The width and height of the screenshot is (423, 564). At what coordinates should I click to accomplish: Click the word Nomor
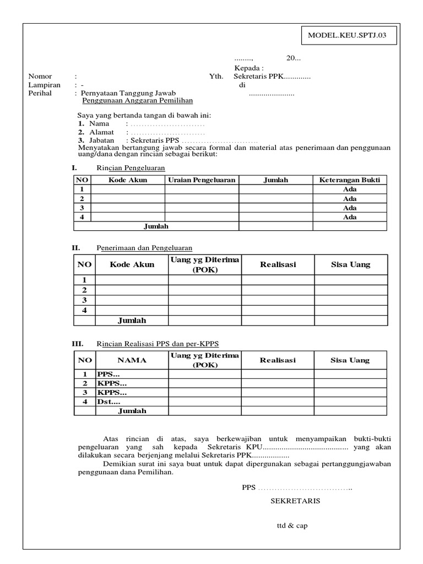point(40,77)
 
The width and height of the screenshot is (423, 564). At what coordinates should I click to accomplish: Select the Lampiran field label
point(44,85)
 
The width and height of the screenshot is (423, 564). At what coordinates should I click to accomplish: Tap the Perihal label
point(40,94)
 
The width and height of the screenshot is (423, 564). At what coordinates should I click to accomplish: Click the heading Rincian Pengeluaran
point(131,167)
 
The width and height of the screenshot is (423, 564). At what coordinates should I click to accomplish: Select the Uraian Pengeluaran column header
point(202,180)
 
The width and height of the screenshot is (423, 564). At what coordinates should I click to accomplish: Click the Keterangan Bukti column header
point(349,180)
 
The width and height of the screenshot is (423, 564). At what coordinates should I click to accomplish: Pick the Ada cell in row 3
point(349,208)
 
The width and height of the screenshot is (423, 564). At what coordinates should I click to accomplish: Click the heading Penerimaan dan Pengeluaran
point(144,248)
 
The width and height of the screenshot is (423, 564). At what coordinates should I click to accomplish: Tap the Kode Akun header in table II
point(132,264)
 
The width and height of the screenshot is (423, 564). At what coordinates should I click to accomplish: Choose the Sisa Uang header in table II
point(350,264)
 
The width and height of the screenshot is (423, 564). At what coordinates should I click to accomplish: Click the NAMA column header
point(132,360)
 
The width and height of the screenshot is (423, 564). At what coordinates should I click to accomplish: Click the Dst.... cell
point(109,402)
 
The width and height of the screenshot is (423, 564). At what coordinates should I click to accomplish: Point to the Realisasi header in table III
point(278,360)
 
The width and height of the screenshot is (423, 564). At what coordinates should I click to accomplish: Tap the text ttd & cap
point(292,525)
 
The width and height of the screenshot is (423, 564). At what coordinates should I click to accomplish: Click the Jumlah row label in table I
point(156,226)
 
